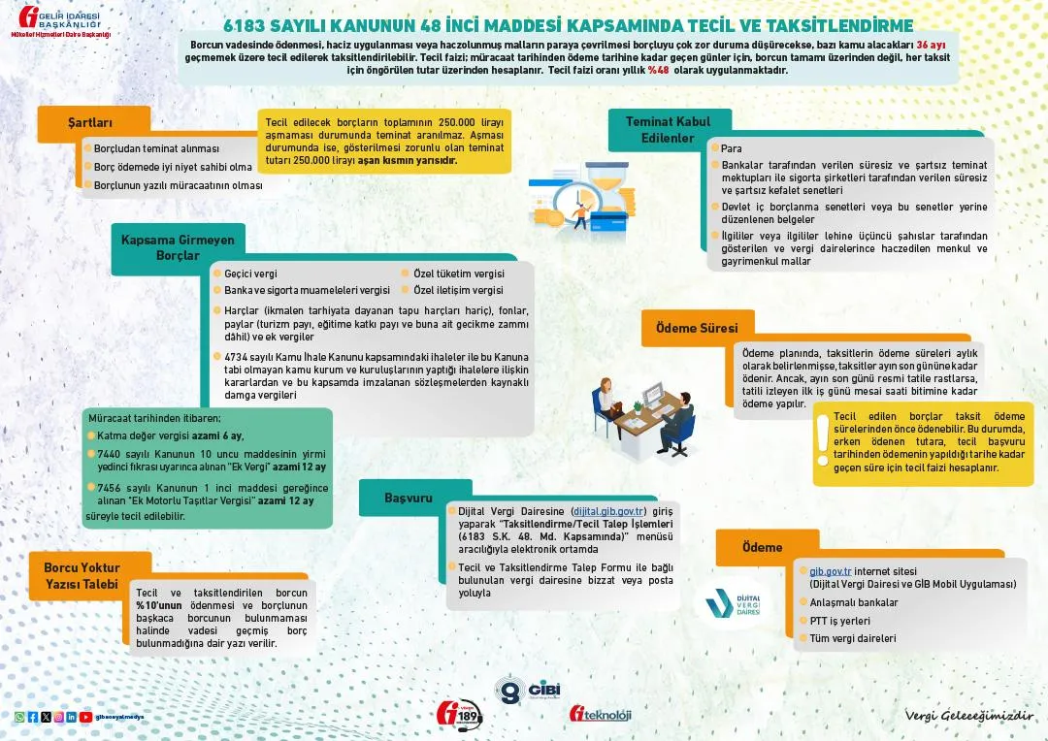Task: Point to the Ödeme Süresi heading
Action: pyautogui.click(x=697, y=328)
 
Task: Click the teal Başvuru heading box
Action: pyautogui.click(x=408, y=498)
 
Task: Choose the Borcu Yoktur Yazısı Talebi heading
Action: pyautogui.click(x=82, y=575)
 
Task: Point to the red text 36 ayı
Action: pyautogui.click(x=931, y=45)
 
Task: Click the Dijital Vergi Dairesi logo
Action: pyautogui.click(x=734, y=604)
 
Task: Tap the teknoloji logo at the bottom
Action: pyautogui.click(x=601, y=715)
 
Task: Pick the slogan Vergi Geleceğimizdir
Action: pyautogui.click(x=968, y=715)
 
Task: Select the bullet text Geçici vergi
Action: pyautogui.click(x=250, y=274)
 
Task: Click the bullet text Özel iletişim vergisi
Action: pyautogui.click(x=458, y=290)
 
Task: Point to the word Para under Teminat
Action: pyautogui.click(x=732, y=148)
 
